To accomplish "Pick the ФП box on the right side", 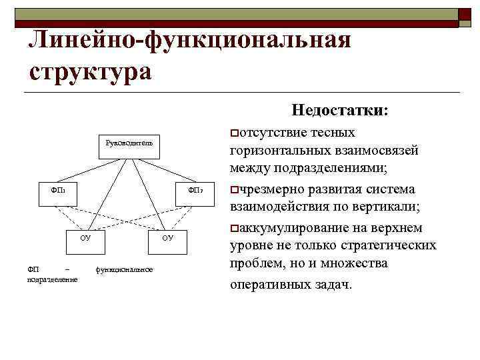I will tap(193, 191).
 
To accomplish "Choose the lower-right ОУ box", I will tap(167, 237).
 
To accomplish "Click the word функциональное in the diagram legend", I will tap(124, 269).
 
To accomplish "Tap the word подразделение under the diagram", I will tap(52, 279).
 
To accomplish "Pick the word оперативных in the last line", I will tap(267, 285).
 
